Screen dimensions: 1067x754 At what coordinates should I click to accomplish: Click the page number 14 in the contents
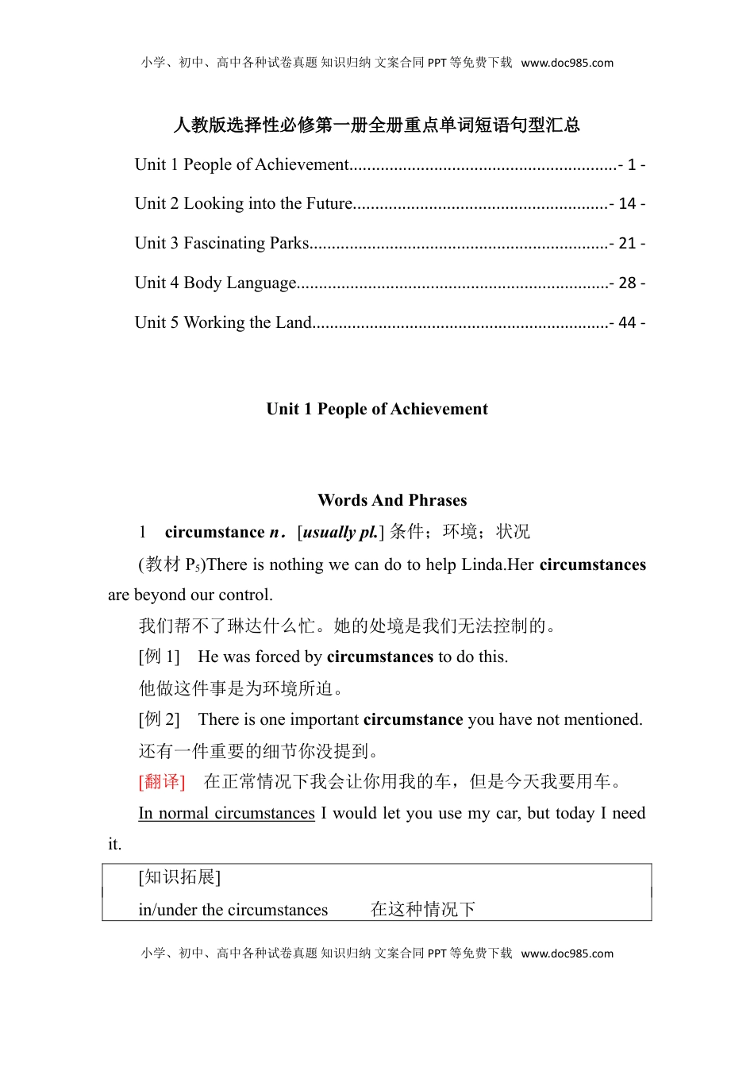[x=627, y=204]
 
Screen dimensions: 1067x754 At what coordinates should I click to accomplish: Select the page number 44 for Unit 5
[x=627, y=323]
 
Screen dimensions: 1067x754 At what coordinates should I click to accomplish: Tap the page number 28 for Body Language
[x=627, y=283]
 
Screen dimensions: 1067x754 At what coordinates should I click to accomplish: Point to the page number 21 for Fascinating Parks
[x=627, y=244]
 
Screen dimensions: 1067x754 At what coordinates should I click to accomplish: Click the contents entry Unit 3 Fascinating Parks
[x=221, y=243]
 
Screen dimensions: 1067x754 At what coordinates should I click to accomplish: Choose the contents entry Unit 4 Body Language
[x=215, y=283]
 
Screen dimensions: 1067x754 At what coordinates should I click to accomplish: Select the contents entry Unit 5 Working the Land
[x=223, y=322]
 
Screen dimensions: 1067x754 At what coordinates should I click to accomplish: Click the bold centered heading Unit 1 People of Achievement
[x=377, y=409]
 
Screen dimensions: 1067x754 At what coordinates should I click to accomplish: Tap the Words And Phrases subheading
[x=392, y=500]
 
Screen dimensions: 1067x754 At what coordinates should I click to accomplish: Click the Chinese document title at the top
[x=377, y=125]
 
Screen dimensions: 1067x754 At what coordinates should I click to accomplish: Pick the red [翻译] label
[x=162, y=782]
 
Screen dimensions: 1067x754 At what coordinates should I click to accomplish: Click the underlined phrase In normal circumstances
[x=226, y=813]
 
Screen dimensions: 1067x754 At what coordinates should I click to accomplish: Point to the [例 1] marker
[x=160, y=657]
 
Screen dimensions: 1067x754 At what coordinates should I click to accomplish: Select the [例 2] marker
[x=160, y=719]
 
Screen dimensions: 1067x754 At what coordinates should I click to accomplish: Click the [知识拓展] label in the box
[x=179, y=876]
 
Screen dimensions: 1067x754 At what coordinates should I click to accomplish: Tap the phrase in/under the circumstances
[x=233, y=910]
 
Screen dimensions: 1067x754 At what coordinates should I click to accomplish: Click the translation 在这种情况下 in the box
[x=422, y=910]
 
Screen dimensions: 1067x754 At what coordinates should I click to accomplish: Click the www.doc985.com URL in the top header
[x=567, y=63]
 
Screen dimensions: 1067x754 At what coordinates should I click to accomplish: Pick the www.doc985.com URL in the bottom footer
[x=567, y=953]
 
